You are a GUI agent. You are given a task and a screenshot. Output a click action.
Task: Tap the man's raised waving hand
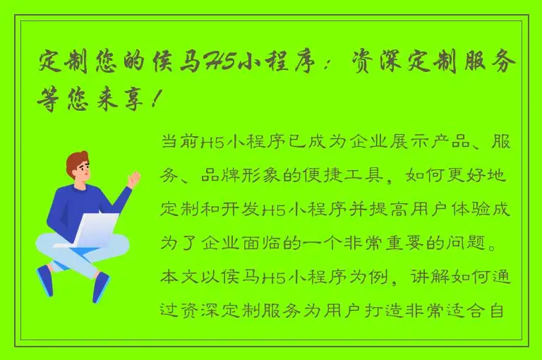click(x=133, y=179)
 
